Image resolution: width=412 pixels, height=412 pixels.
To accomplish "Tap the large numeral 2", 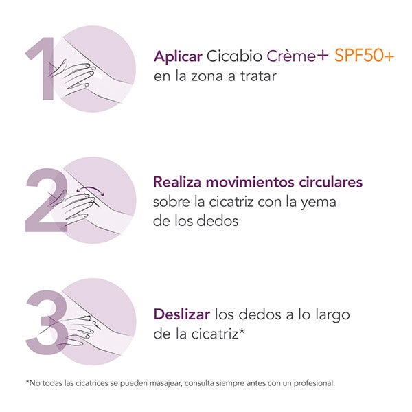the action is coord(46,201).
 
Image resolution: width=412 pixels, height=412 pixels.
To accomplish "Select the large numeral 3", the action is coord(46,322).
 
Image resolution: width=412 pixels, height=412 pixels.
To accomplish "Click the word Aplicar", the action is coord(178,56).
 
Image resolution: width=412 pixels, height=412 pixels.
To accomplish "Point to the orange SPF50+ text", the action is coord(364,56).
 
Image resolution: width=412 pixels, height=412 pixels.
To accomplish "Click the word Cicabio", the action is coord(234,56).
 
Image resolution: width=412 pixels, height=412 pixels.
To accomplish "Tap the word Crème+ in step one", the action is coord(297,56).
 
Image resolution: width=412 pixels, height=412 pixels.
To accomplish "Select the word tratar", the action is coord(259,76).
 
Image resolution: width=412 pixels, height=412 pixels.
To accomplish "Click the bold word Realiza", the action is coord(177,182).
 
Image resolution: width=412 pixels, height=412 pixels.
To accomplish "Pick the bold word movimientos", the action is coord(250,182).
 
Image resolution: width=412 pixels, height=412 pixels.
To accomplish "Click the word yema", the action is coord(318,203).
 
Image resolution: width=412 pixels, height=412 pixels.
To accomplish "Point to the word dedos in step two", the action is coord(218,220).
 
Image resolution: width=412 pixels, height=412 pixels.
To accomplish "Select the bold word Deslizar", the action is coord(182,314).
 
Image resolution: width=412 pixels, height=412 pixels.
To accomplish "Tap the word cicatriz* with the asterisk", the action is coord(218,334).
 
